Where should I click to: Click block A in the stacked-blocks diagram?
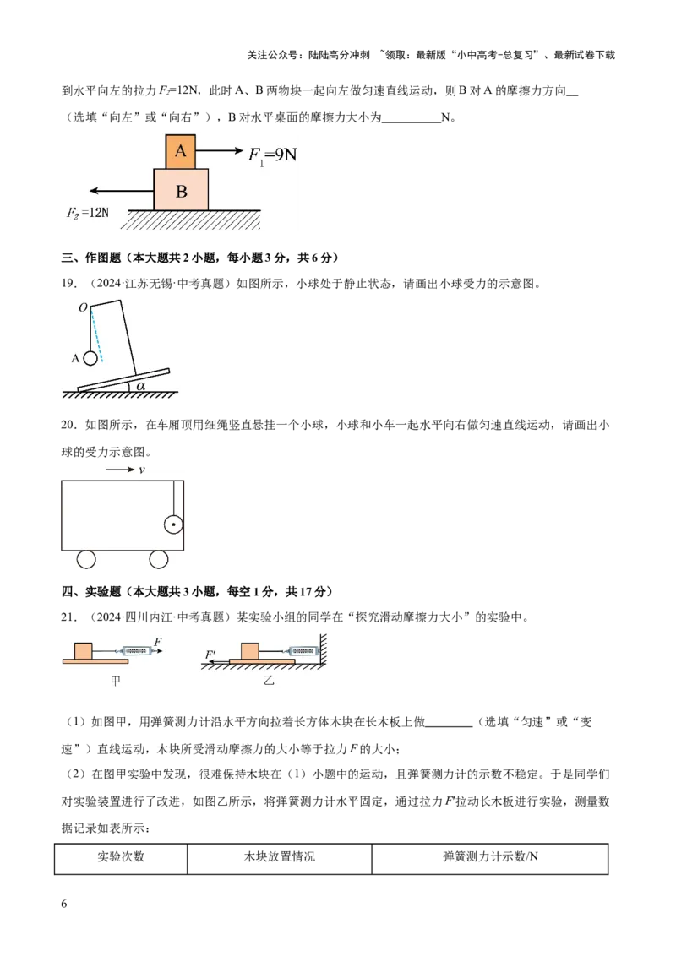[x=181, y=152]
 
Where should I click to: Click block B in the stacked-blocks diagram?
[x=181, y=190]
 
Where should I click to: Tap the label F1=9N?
[x=272, y=155]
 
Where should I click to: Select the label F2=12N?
[x=87, y=213]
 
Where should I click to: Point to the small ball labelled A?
[x=90, y=358]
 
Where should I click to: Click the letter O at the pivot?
[x=84, y=308]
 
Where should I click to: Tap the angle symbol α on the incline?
[x=141, y=386]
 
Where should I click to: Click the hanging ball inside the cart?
[x=174, y=524]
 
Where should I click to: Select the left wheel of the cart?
[x=86, y=559]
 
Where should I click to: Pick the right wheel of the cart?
[x=159, y=559]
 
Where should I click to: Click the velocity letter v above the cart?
[x=142, y=470]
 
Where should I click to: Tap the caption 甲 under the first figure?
[x=115, y=681]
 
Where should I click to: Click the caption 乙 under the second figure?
[x=269, y=681]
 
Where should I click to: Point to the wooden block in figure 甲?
[x=84, y=650]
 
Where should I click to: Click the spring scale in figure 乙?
[x=301, y=651]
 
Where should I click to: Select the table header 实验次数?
[x=121, y=856]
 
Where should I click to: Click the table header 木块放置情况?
[x=280, y=856]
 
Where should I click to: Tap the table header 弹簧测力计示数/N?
[x=491, y=856]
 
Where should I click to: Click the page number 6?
[x=64, y=904]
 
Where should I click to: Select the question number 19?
[x=69, y=284]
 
